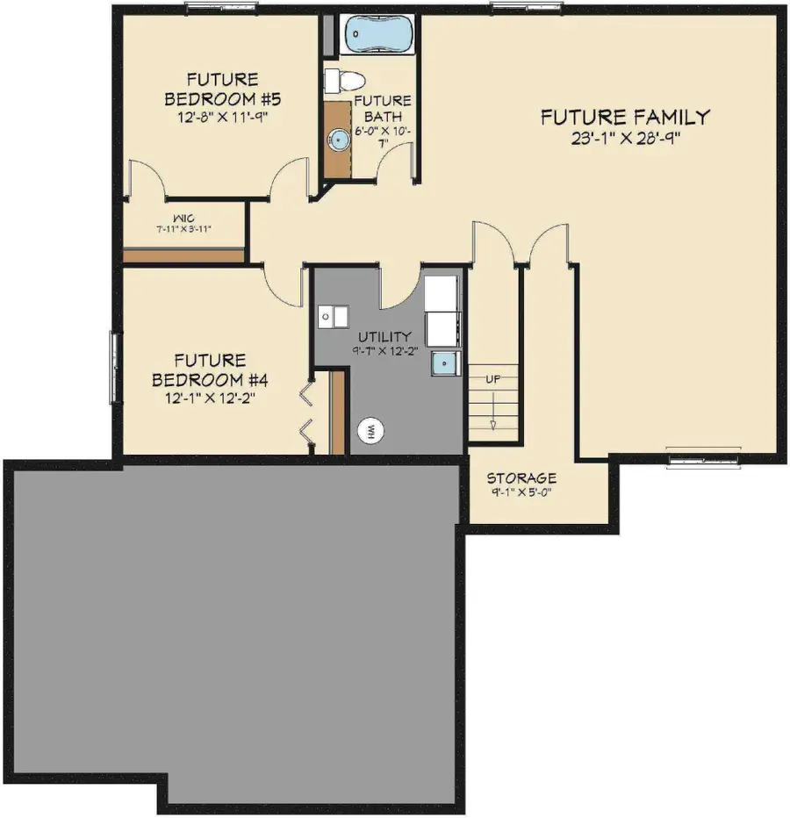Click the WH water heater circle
(x=370, y=430)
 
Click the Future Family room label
(x=624, y=117)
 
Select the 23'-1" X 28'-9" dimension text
(x=624, y=138)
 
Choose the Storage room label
(x=521, y=478)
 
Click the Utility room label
(x=384, y=336)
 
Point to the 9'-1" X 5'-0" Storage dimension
(x=521, y=492)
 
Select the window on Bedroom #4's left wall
(x=113, y=368)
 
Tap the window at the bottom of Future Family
(x=705, y=457)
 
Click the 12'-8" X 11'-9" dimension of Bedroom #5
(x=215, y=115)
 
